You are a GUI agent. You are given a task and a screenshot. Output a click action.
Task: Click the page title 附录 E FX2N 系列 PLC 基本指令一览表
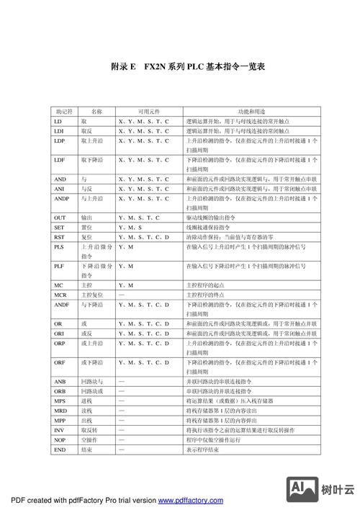(x=188, y=67)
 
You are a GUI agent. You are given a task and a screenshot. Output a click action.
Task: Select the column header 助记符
(x=63, y=112)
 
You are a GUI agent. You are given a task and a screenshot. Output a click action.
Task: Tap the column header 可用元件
(x=143, y=112)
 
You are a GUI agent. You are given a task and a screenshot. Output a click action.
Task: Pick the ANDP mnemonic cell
(x=62, y=198)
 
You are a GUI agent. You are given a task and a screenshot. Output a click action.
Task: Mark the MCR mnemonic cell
(x=60, y=295)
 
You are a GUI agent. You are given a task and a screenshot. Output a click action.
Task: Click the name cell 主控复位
(x=91, y=295)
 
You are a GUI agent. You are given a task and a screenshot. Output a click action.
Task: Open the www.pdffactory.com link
(x=190, y=500)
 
